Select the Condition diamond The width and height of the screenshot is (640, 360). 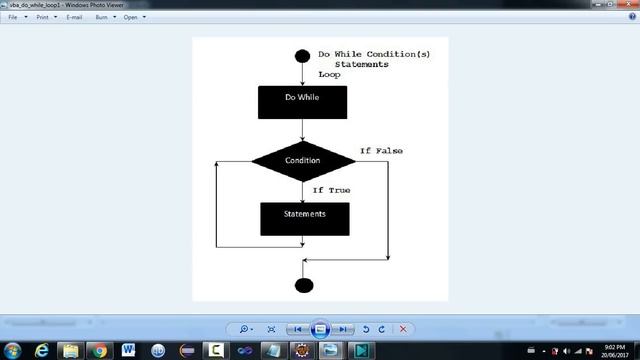[302, 160]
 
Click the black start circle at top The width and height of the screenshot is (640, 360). [302, 56]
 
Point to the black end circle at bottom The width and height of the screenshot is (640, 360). [304, 285]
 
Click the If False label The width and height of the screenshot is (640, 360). [381, 150]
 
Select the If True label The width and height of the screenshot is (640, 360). [331, 189]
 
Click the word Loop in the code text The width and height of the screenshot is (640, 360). [329, 75]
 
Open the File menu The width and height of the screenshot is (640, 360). [14, 17]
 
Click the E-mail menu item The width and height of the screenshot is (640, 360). [74, 17]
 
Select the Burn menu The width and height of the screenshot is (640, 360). [102, 17]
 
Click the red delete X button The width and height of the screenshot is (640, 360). [403, 328]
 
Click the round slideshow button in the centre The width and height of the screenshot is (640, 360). [320, 328]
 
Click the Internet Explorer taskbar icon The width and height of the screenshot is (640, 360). [42, 351]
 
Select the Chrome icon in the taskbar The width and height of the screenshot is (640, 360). [99, 351]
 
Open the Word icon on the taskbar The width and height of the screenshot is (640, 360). [128, 351]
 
